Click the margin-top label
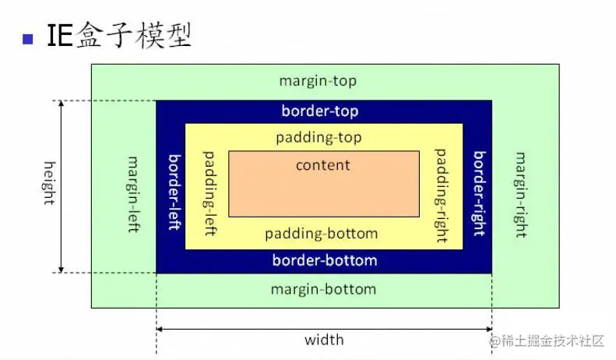pos(318,81)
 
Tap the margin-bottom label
pos(323,290)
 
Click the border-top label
pos(320,111)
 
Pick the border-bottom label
pos(325,260)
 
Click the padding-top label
pos(319,137)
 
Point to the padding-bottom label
pos(321,234)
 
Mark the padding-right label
pos(441,195)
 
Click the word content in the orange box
pos(323,165)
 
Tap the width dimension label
pos(324,340)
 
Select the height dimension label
pos(48,183)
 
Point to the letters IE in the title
pos(60,37)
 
